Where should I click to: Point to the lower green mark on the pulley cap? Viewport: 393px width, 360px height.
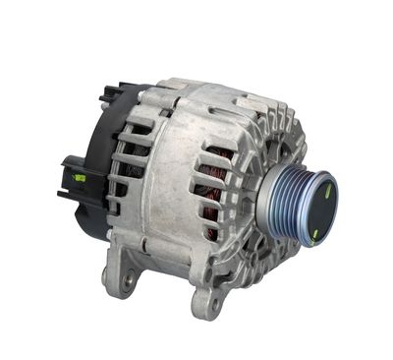tap(314, 232)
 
